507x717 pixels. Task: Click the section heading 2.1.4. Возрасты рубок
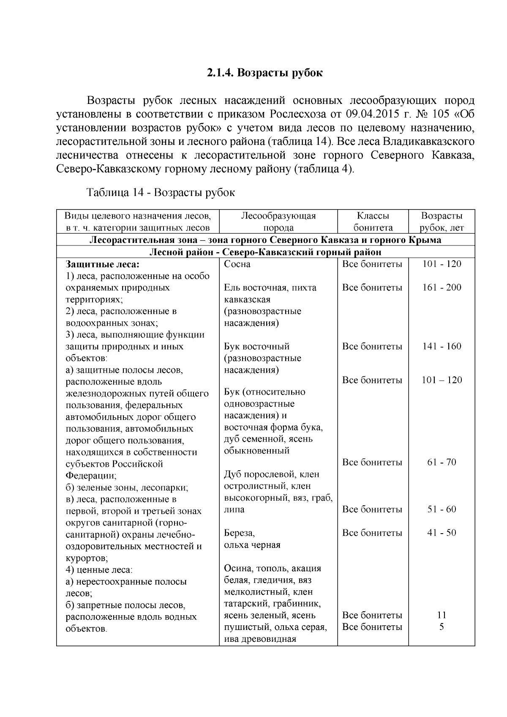click(265, 73)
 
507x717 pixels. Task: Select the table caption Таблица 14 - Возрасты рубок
click(161, 193)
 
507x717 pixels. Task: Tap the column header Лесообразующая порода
click(278, 222)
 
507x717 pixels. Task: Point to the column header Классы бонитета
click(373, 222)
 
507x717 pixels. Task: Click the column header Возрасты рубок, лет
click(442, 222)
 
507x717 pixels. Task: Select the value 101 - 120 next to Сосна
click(442, 264)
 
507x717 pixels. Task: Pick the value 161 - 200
click(442, 288)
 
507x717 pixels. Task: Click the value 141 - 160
click(442, 346)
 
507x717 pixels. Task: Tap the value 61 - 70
click(442, 462)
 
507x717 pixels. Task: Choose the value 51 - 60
click(442, 509)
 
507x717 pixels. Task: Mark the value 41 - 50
click(442, 533)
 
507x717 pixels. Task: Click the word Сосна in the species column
click(237, 264)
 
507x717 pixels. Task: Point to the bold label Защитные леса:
click(103, 264)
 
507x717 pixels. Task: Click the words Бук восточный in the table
click(256, 346)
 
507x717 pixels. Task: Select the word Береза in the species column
click(239, 533)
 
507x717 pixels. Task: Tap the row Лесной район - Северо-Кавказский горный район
click(265, 252)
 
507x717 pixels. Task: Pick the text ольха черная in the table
click(252, 545)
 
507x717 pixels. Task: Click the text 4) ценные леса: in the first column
click(99, 570)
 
